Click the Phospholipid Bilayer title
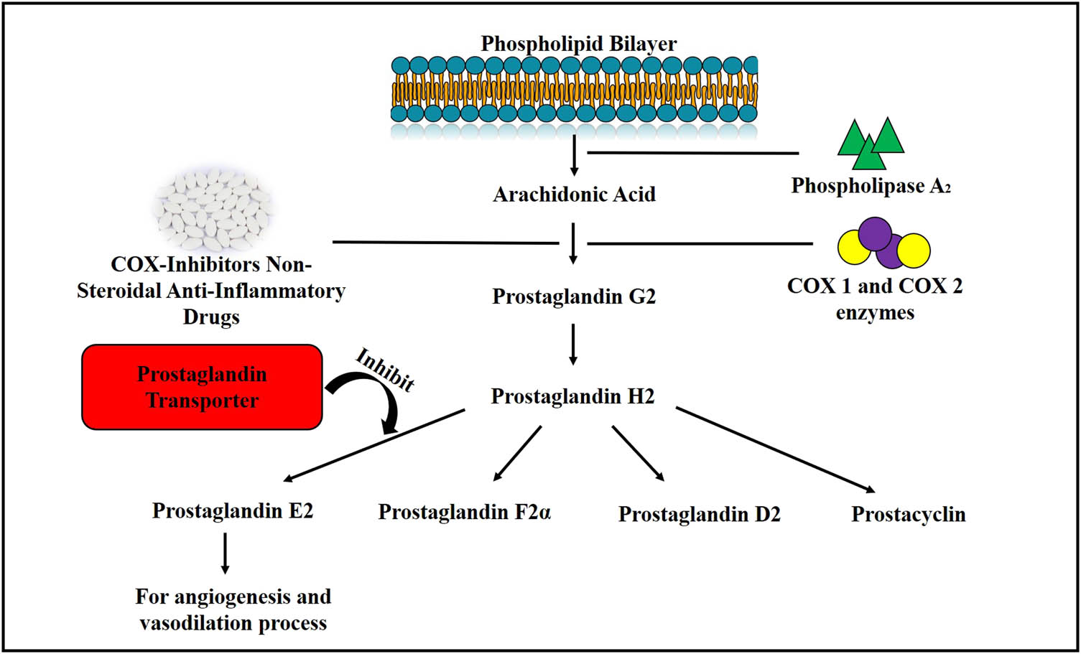coord(578,44)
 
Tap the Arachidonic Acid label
coord(574,195)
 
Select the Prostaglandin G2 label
coord(574,296)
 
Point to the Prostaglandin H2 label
coord(572,396)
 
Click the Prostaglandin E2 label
coord(233,510)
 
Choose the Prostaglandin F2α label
coord(464,512)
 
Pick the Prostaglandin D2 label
coord(699,514)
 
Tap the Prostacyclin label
coord(908,514)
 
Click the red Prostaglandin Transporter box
coord(202,387)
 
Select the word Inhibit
coord(385,370)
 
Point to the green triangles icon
coord(870,142)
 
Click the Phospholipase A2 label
coord(871,186)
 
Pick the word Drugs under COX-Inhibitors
coord(211,317)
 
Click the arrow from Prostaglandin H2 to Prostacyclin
coord(776,450)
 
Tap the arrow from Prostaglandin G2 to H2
coord(573,345)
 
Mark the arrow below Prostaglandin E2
coord(226,553)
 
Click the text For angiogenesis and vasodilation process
coord(233,609)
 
